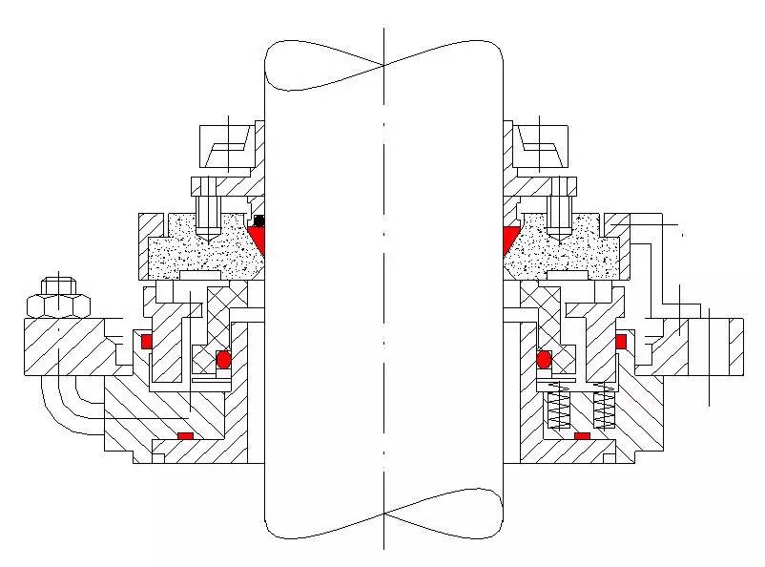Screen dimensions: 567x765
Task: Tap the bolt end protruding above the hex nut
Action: click(x=59, y=284)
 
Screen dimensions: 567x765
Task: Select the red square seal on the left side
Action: click(x=147, y=342)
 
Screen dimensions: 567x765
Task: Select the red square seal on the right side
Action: click(x=621, y=341)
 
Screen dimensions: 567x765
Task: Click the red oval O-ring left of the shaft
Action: click(x=224, y=359)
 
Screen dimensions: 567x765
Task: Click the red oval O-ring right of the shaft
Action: click(x=544, y=359)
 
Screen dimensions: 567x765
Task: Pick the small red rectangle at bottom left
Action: click(x=186, y=436)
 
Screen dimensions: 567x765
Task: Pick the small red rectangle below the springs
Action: click(x=582, y=436)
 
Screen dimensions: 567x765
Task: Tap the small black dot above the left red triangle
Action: click(x=258, y=221)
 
